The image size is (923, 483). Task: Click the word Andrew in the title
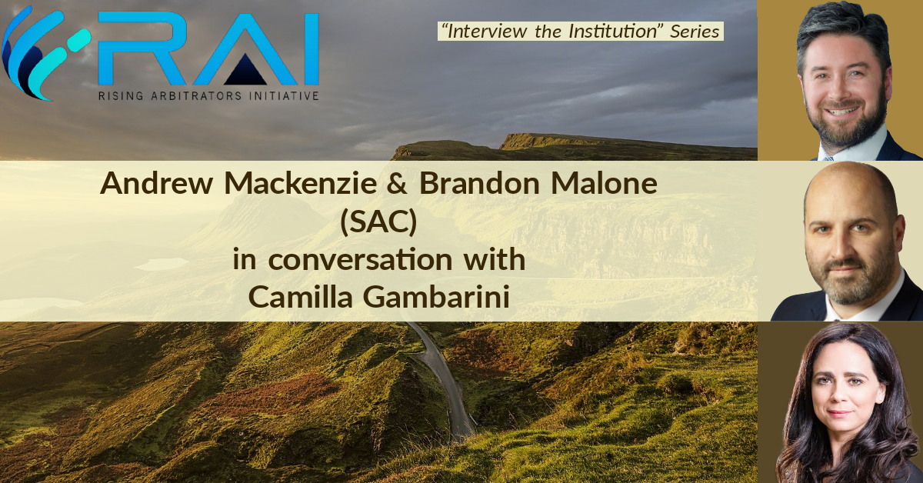[x=156, y=183]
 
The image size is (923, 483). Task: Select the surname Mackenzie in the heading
[x=301, y=183]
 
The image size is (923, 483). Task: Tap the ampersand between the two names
[x=397, y=183]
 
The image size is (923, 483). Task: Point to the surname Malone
[x=604, y=183]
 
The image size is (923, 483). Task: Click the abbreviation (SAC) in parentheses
[x=378, y=222]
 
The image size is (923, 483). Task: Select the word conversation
[x=360, y=260]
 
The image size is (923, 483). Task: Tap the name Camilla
[x=300, y=296]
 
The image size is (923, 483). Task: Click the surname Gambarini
[x=436, y=296]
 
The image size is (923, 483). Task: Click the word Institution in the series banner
[x=614, y=32]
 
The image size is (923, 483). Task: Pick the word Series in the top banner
[x=695, y=32]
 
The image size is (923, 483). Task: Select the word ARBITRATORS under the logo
[x=196, y=96]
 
